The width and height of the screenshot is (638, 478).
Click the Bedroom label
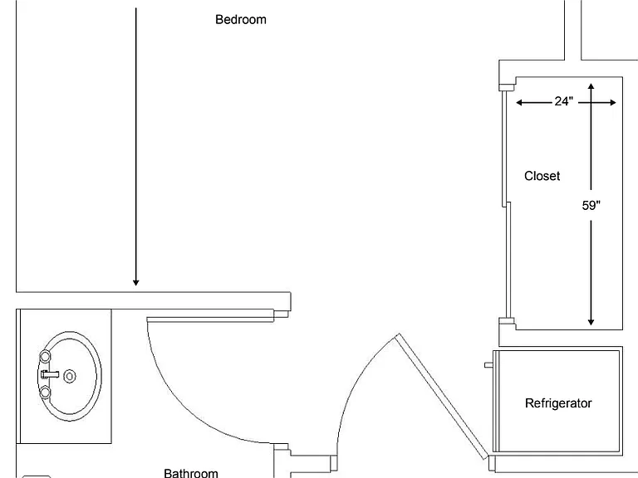240,20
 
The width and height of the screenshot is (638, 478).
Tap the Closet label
542,176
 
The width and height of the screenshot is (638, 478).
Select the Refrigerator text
558,403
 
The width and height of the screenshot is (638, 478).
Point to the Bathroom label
191,473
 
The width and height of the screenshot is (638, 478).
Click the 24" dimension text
563,100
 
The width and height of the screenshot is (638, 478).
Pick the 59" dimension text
591,206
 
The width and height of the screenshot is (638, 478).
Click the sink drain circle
70,377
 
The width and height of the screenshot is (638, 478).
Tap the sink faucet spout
50,374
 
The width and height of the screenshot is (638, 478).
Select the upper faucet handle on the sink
45,357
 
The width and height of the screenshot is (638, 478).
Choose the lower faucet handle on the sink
45,393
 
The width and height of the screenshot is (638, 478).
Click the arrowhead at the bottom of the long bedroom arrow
136,282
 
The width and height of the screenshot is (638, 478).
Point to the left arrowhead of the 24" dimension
519,102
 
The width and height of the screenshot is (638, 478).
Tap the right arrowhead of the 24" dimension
613,102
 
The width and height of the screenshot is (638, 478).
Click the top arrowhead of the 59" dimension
591,86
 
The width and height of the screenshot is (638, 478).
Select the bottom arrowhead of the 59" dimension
591,322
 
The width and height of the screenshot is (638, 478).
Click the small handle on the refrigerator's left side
488,365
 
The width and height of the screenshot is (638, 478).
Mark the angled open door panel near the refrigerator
441,397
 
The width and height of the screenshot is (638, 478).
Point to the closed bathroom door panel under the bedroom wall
210,319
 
